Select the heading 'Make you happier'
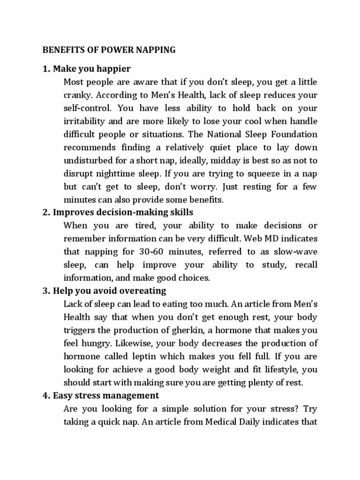[92, 69]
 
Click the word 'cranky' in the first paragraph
[76, 95]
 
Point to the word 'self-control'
[85, 108]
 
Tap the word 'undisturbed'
[88, 161]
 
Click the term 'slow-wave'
[298, 252]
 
